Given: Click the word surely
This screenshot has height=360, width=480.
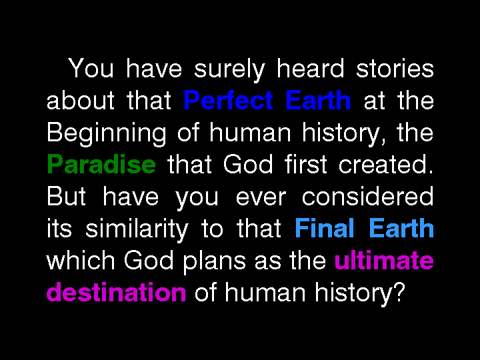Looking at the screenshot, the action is [x=229, y=70].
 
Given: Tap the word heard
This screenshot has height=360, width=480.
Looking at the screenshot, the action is [x=311, y=67].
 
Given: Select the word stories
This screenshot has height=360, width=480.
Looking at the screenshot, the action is [x=395, y=67].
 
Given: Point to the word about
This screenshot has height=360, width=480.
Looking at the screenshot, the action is [x=81, y=99].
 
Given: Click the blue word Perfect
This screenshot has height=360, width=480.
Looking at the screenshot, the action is [x=229, y=99].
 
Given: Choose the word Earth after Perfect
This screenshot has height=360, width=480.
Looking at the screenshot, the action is [x=318, y=99].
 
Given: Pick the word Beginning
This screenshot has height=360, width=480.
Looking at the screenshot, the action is [x=107, y=135].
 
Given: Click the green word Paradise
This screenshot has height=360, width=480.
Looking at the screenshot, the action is [x=101, y=164].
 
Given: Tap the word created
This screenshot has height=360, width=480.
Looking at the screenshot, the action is [x=386, y=164].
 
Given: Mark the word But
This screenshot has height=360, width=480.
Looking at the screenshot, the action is [x=67, y=196].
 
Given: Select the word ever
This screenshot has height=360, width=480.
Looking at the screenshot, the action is [x=261, y=198].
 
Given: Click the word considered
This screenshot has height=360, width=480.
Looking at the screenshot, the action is [x=367, y=196].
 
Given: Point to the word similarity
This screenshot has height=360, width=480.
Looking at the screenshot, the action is [x=137, y=230].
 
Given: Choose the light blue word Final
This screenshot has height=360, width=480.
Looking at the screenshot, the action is [x=325, y=228].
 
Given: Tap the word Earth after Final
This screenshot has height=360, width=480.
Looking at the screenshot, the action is [x=401, y=228].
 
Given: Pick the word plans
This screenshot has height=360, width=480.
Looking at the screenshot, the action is [x=214, y=262].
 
